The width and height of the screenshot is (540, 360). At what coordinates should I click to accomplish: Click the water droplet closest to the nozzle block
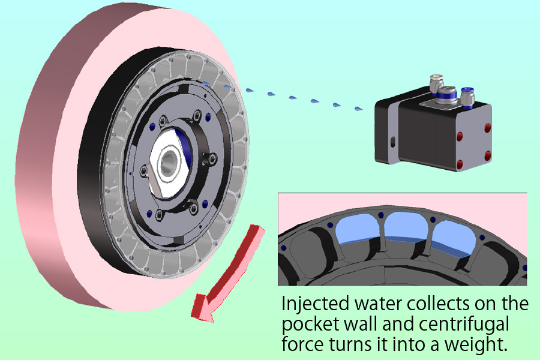pyautogui.click(x=358, y=109)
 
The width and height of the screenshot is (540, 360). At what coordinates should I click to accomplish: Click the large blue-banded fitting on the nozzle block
pyautogui.click(x=445, y=95)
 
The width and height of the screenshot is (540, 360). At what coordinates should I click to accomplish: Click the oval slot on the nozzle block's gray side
pyautogui.click(x=393, y=142)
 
